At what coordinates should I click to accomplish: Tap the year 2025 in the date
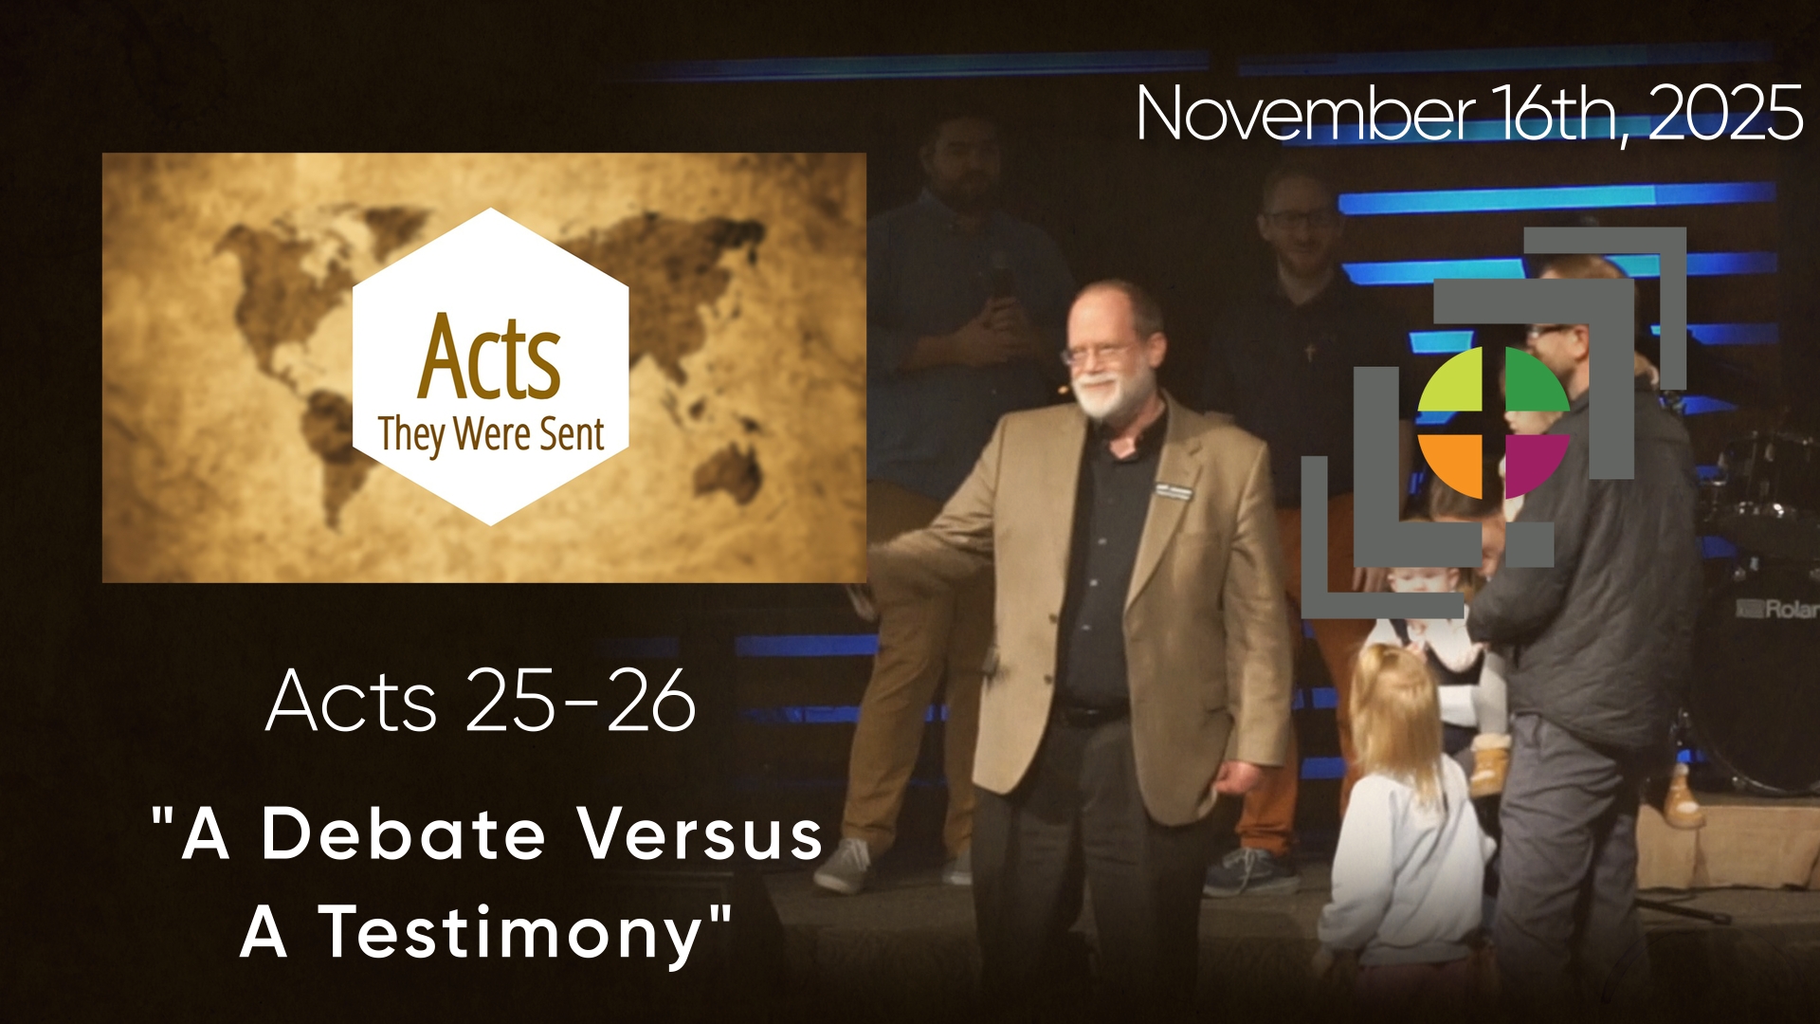[x=1725, y=114]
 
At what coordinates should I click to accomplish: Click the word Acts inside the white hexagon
[x=489, y=357]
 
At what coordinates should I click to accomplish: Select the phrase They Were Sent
[x=491, y=434]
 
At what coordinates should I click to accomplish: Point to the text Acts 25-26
[x=482, y=701]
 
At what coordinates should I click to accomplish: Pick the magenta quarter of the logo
[x=1535, y=464]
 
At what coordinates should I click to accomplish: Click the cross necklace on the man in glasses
[x=1310, y=353]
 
